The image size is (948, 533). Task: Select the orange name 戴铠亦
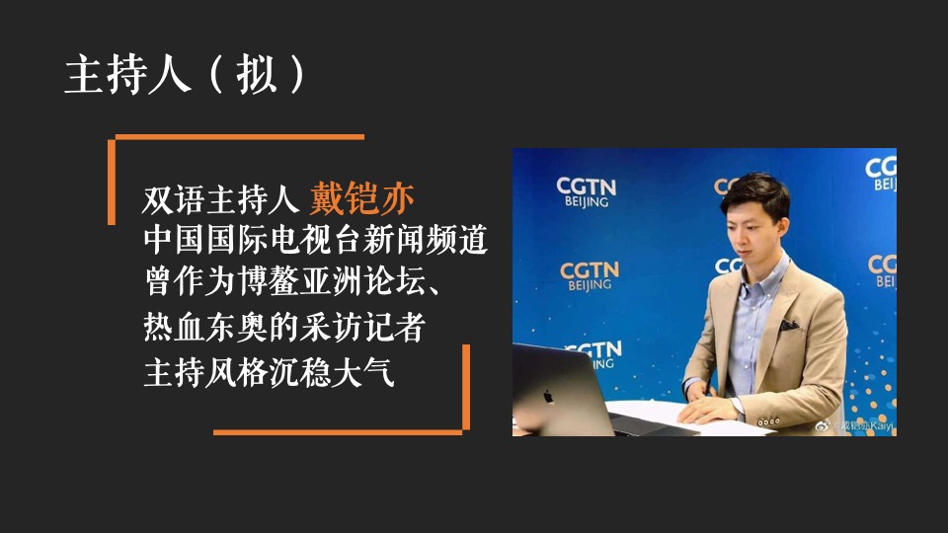361,198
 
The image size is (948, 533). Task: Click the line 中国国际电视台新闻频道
315,240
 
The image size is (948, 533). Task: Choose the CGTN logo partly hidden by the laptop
593,353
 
